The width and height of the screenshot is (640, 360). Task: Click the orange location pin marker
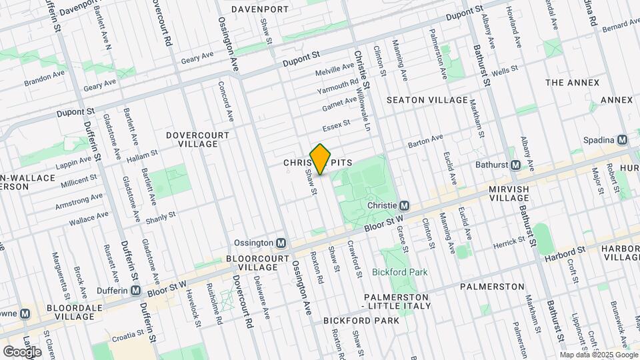point(320,159)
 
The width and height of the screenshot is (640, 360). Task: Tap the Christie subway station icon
point(404,207)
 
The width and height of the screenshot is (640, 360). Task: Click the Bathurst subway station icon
point(515,165)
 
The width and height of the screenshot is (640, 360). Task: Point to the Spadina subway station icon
point(622,140)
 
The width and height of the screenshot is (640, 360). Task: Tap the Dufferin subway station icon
point(136,291)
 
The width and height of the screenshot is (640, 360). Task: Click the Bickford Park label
point(399,272)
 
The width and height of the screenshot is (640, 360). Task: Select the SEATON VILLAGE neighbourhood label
point(427,100)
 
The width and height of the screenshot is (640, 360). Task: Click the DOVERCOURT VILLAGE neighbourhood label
point(197,139)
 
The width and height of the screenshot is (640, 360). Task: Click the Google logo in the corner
point(22,351)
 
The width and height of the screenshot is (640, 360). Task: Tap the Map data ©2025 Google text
point(599,355)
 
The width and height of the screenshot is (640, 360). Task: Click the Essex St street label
point(336,124)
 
